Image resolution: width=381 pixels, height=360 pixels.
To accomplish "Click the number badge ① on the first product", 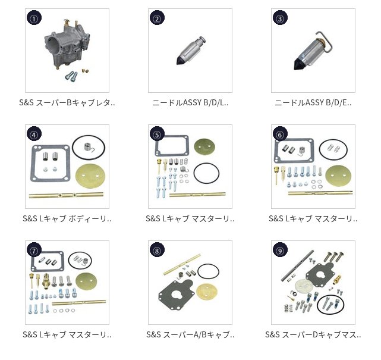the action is click(x=34, y=18).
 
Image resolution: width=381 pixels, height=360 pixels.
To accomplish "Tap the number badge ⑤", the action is click(x=157, y=134).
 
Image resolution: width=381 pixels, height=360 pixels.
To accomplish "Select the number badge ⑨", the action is click(x=280, y=250).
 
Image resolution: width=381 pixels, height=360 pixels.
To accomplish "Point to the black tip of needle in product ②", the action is click(x=181, y=60).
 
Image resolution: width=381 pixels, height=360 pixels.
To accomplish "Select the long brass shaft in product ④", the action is click(x=66, y=195).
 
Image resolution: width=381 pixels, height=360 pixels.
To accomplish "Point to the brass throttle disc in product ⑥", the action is click(x=338, y=176).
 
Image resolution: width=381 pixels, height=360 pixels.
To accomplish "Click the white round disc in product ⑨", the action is click(x=304, y=286).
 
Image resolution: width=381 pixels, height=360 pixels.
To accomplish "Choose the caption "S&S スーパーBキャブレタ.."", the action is click(x=67, y=103).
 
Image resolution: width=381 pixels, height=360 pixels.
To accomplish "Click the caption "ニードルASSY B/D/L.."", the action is click(x=190, y=103).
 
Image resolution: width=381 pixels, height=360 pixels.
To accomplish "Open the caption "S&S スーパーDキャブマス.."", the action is click(x=313, y=335).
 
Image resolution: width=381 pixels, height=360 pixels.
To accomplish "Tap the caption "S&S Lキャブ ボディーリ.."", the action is click(x=67, y=218).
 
